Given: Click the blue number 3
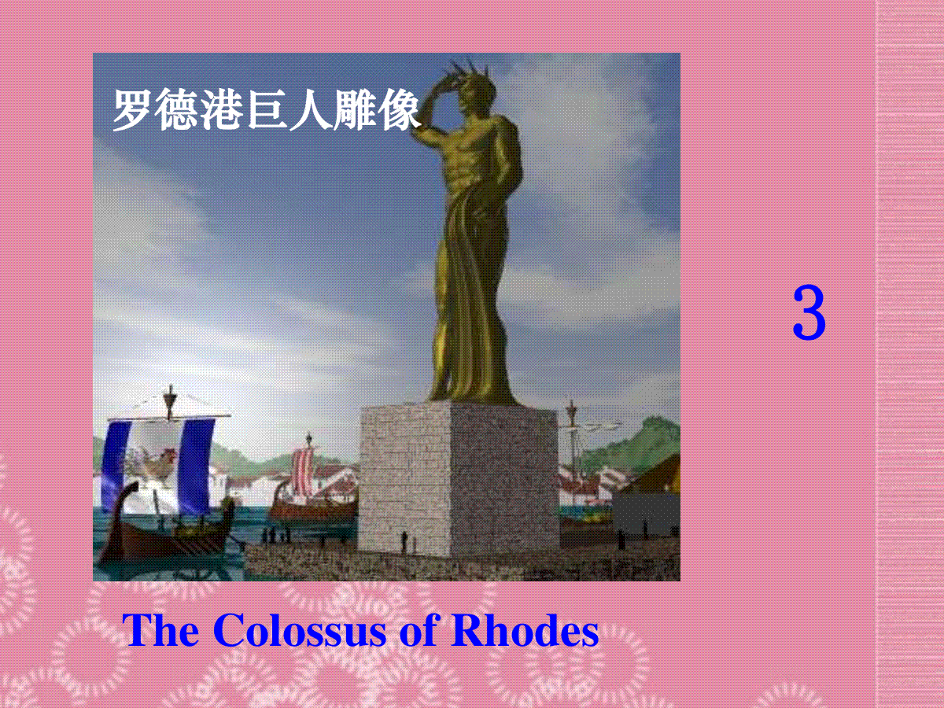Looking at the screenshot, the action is click(x=809, y=312).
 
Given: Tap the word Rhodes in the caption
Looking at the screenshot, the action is click(x=524, y=630).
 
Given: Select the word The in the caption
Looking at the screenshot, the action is click(x=160, y=630).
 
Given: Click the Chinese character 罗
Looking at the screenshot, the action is click(x=131, y=109).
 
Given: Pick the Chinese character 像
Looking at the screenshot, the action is click(x=399, y=109).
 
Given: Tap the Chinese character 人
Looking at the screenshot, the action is click(x=310, y=109).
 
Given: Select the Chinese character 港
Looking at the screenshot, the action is click(x=219, y=109).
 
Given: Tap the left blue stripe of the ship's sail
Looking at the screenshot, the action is click(x=116, y=464).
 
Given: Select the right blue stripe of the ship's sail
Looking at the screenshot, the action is click(x=197, y=463).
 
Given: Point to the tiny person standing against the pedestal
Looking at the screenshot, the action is click(x=404, y=542).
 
